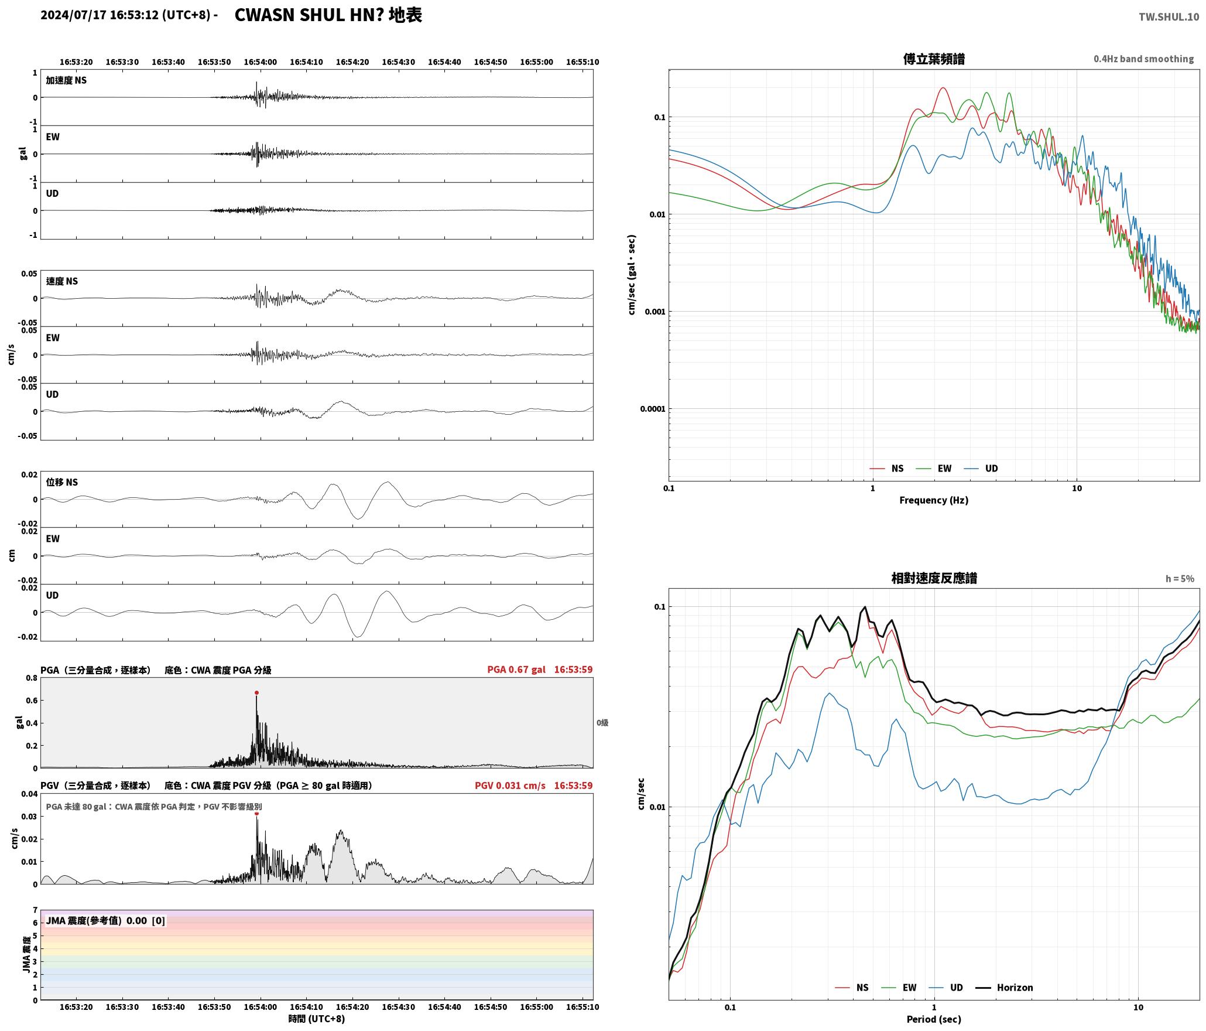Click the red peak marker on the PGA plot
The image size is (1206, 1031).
tap(256, 692)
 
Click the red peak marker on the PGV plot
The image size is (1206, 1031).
tap(256, 813)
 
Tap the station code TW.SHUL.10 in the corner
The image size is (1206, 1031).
tap(1169, 17)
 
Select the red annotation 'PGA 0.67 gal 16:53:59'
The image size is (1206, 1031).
tap(540, 669)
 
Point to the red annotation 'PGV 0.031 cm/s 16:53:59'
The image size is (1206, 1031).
tap(534, 785)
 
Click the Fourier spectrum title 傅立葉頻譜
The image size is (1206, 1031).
tap(934, 59)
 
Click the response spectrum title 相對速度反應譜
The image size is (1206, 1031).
tap(934, 578)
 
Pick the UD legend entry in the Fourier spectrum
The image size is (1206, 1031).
tap(981, 468)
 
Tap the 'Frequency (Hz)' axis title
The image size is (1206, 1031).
tap(934, 500)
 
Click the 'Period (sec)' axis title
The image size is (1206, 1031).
tap(934, 1019)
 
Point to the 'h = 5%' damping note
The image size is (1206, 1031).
tap(1180, 579)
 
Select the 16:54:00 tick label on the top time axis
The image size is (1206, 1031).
tap(260, 62)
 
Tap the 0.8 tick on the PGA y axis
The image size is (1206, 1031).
tap(31, 678)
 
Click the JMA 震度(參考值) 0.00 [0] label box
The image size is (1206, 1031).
tap(105, 921)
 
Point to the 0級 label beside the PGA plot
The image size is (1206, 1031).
tap(602, 723)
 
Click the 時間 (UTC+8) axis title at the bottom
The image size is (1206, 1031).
tap(317, 1019)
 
